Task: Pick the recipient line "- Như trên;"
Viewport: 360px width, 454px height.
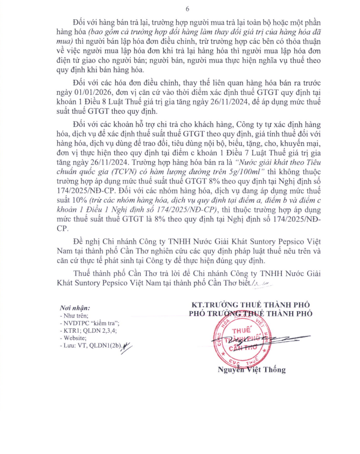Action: (x=74, y=315)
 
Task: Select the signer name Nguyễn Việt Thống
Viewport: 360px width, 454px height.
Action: (x=251, y=370)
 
